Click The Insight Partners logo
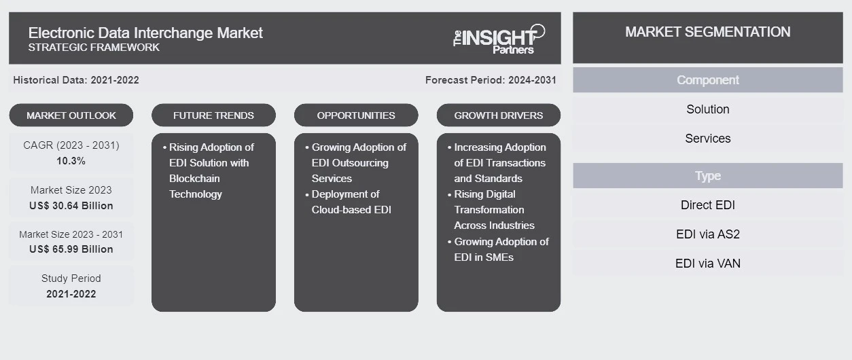pos(499,39)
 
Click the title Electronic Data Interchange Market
pos(145,33)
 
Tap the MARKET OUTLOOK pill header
pos(71,115)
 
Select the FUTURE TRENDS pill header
pos(213,115)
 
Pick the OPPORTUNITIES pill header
pos(356,115)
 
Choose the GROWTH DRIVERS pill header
pos(498,115)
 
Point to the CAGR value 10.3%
pos(71,161)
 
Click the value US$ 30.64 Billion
pos(71,206)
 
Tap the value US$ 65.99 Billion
pos(71,249)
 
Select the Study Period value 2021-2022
pos(71,294)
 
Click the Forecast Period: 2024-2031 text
pos(491,80)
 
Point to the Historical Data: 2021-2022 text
pos(76,80)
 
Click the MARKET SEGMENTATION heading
pos(708,32)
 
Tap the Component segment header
pos(708,80)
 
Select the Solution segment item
pos(708,109)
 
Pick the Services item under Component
pos(708,139)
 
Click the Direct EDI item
pos(708,205)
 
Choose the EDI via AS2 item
pos(708,234)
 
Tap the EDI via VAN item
pos(708,264)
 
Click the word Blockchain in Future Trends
pos(194,178)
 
